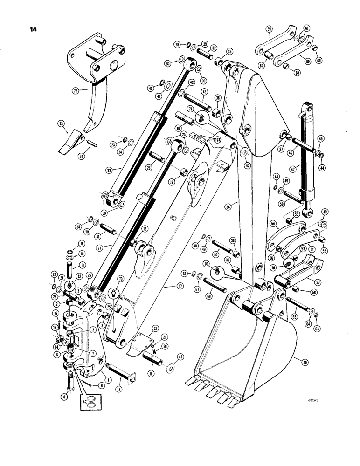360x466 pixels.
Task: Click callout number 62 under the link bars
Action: pyautogui.click(x=262, y=66)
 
